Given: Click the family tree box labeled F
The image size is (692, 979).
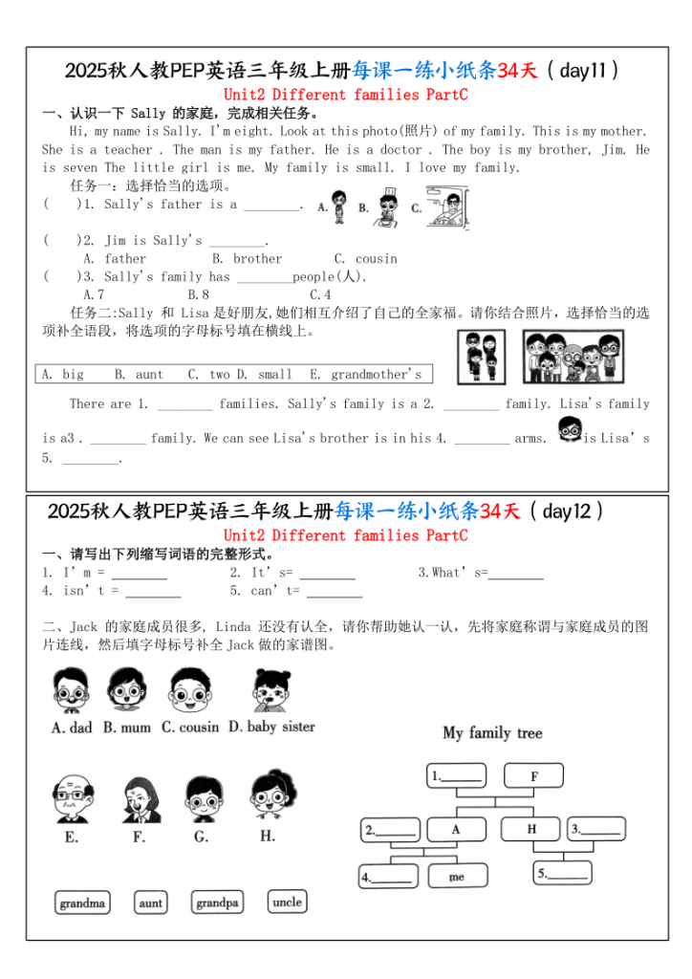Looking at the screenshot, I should point(533,776).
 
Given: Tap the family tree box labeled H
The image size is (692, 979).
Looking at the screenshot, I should point(530,829).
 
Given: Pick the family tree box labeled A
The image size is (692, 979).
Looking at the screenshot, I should point(456,829).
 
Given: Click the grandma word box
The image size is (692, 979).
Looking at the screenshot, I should point(82,903).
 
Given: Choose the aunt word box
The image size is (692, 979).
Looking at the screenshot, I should point(151,903).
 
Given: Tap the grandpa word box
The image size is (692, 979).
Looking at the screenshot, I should point(218,903).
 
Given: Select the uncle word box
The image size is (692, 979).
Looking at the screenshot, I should point(287,902).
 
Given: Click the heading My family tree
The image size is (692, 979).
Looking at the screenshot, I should point(492,733).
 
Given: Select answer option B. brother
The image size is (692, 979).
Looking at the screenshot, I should point(247,258).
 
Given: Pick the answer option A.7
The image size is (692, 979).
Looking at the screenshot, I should point(94,294).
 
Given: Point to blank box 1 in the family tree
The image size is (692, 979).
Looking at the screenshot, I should point(456,776).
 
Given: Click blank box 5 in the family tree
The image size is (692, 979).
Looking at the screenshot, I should point(562,874).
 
